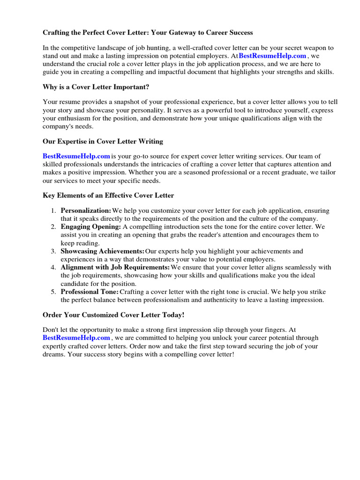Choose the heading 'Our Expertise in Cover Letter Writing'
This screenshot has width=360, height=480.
pos(103,141)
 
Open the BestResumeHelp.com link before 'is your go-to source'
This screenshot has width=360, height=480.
pos(76,156)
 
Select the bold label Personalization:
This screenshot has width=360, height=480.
pos(86,210)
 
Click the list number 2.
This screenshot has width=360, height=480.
pos(53,226)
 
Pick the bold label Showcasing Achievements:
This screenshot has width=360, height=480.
pos(102,251)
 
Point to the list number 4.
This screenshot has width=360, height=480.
pos(53,267)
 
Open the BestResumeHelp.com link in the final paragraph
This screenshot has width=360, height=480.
pos(76,337)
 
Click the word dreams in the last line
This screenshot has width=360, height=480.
pos(53,354)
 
